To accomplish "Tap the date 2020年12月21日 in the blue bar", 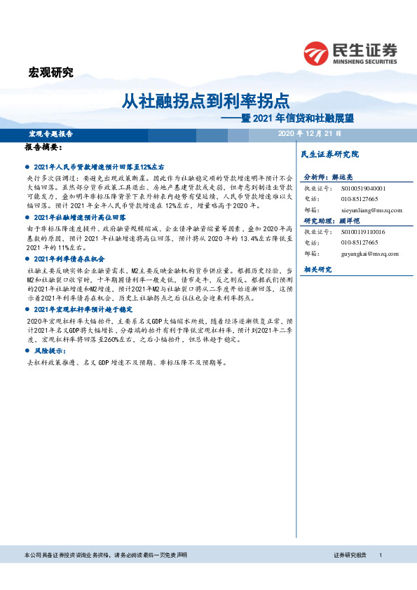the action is pyautogui.click(x=309, y=133).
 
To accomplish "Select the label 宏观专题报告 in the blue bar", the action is pyautogui.click(x=50, y=133).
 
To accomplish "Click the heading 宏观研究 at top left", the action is pyautogui.click(x=50, y=71).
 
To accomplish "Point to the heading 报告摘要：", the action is pyautogui.click(x=43, y=149).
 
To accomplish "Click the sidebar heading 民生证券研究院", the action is pyautogui.click(x=329, y=153).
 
